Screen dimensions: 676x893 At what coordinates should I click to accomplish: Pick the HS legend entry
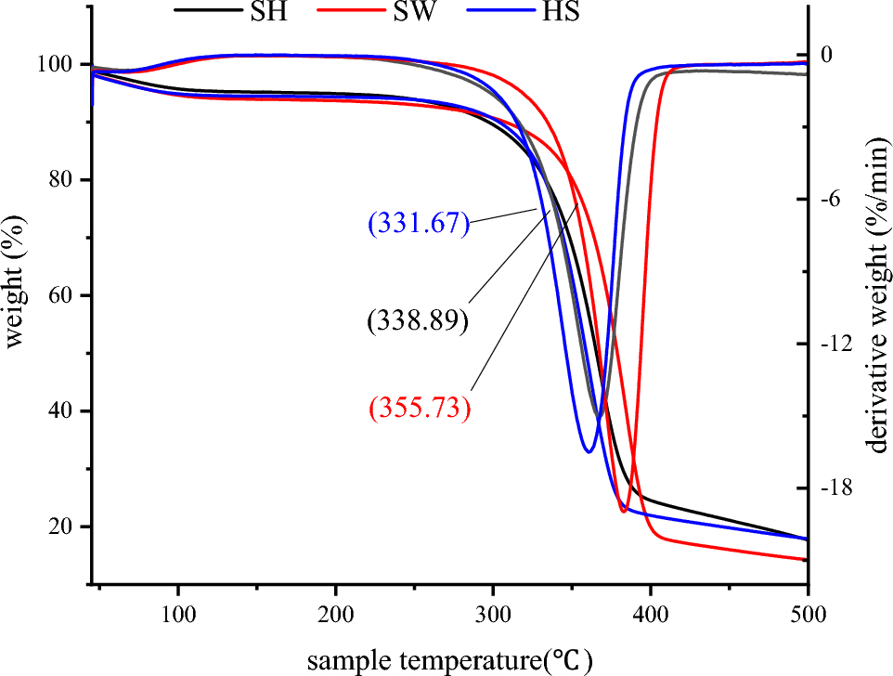click(558, 13)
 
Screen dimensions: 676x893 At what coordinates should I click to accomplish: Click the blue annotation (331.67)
click(419, 224)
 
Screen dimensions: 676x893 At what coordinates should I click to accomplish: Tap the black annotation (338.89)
click(418, 320)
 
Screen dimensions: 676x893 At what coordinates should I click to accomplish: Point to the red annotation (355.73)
click(420, 409)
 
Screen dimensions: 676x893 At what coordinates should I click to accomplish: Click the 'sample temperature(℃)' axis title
click(449, 659)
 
